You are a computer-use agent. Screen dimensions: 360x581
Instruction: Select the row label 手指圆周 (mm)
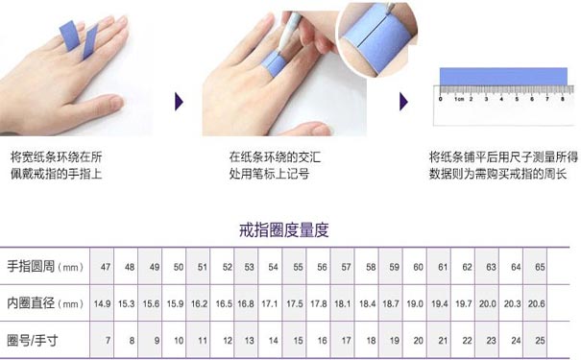[x=45, y=266]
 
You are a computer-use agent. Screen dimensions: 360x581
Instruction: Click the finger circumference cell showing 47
[x=105, y=266]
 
